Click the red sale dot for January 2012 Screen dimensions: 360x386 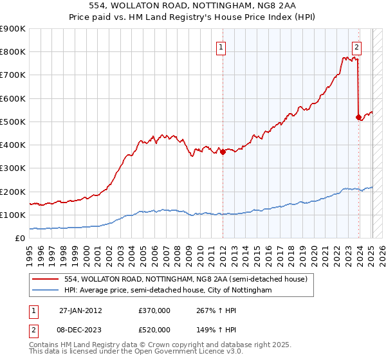[223, 152]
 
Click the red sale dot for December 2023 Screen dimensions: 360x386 [358, 117]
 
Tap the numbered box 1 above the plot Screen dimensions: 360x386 [221, 46]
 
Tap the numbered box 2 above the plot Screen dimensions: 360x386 [356, 46]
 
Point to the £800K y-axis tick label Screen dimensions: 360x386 [13, 52]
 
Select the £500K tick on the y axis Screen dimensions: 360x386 [13, 122]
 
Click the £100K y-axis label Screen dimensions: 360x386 [13, 215]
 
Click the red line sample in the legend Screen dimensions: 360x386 [46, 279]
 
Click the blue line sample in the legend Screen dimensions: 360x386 [46, 291]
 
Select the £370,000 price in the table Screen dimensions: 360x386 [154, 310]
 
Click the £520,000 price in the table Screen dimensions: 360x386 [154, 329]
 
